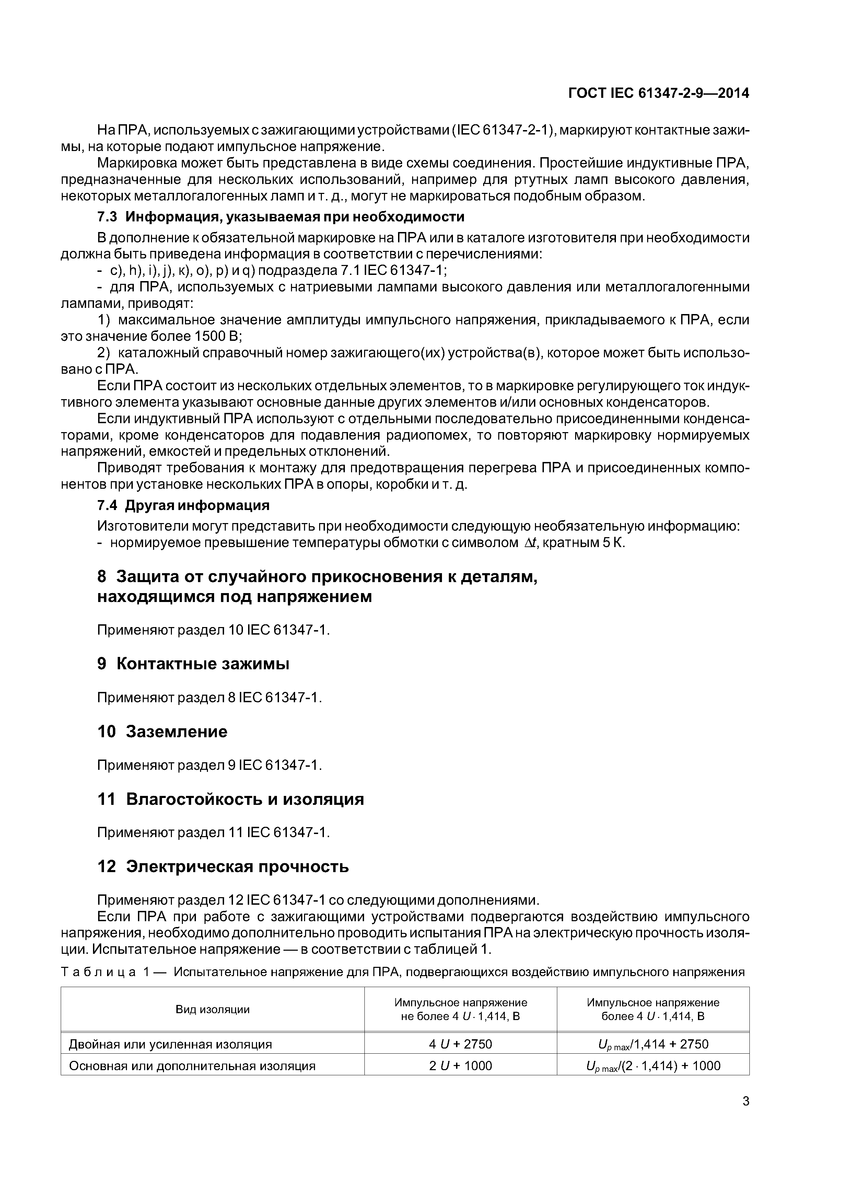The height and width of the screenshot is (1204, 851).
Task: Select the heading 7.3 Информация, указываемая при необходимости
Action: pos(281,217)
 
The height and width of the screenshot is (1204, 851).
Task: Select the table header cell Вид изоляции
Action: pos(212,1009)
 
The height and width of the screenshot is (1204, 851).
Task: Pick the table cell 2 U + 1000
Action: pos(461,1066)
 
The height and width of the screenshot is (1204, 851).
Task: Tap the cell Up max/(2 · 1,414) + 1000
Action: pos(653,1066)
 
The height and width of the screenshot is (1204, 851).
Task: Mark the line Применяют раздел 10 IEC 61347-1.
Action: pos(213,630)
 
